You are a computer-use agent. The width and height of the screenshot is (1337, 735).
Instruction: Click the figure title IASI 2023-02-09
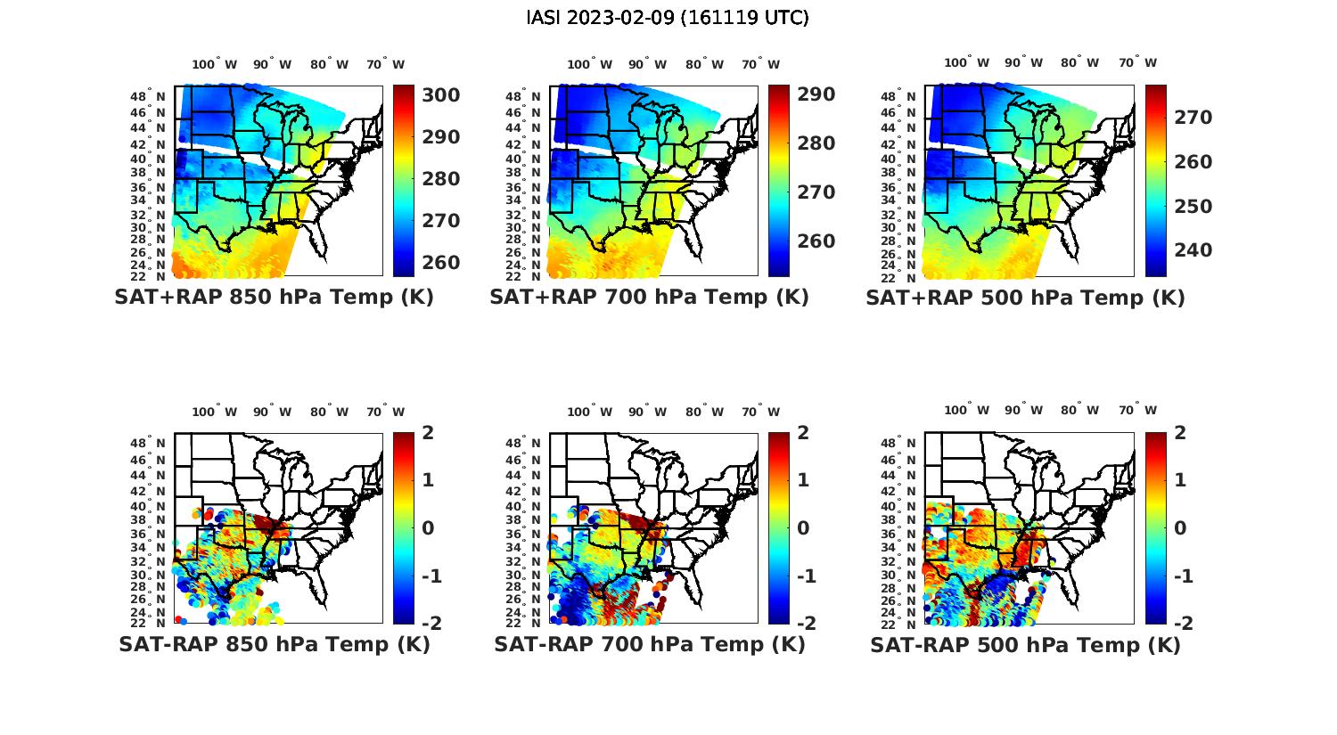668,18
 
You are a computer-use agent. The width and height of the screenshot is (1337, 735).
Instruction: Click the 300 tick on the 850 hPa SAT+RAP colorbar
440,95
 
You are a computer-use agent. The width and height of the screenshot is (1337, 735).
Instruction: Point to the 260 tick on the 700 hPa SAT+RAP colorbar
816,241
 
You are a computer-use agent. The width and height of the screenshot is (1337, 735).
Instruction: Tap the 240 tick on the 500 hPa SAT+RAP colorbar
1192,250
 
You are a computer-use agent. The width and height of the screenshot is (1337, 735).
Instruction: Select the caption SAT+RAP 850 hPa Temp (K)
274,298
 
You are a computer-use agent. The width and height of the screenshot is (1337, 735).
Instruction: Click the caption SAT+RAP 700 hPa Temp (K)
649,298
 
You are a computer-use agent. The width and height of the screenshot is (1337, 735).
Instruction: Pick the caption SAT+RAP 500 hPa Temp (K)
1025,298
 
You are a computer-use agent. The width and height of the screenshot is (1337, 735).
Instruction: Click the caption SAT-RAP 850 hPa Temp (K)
274,644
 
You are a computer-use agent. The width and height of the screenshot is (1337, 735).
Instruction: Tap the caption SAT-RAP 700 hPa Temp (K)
649,644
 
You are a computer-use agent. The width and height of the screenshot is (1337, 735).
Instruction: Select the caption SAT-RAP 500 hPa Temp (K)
1025,644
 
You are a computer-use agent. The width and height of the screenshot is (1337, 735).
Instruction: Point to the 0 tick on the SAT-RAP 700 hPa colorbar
803,528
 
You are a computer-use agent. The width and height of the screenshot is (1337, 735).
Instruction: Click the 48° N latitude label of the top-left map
149,96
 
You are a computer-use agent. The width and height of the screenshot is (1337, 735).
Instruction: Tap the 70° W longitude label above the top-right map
1138,62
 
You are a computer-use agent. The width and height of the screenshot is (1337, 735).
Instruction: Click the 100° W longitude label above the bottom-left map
215,412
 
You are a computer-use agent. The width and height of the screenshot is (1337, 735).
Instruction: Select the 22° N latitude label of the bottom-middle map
524,623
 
